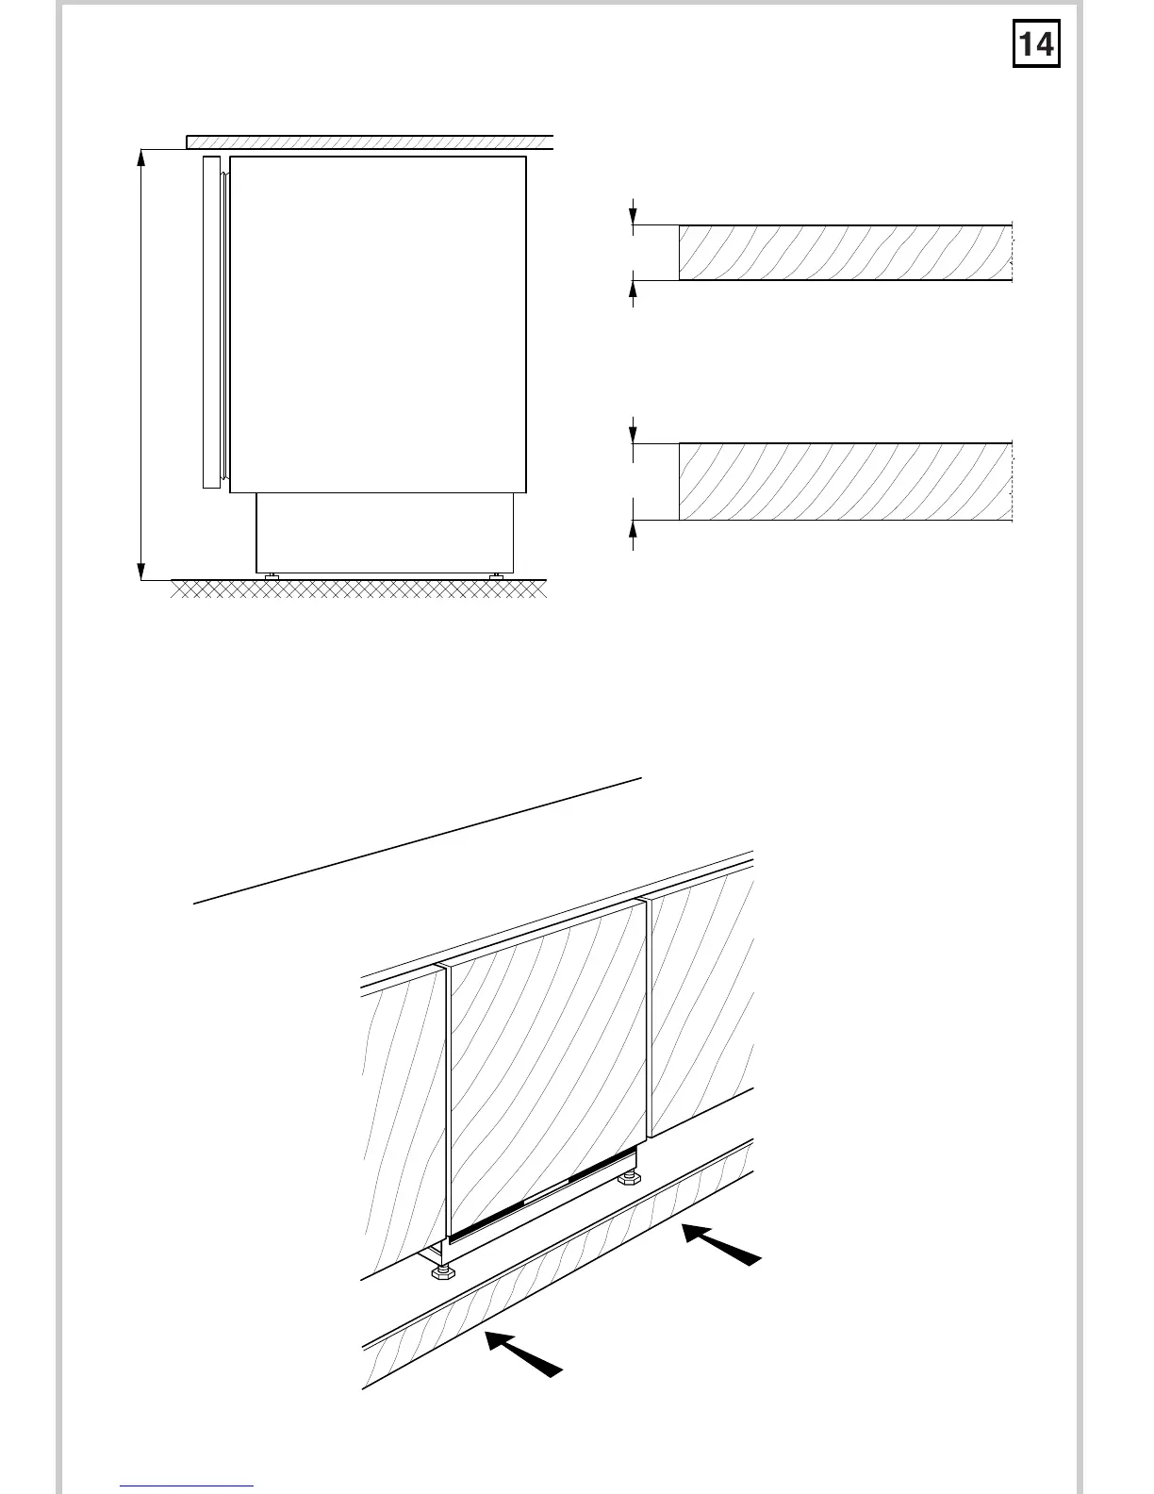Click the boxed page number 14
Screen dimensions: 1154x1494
(x=1036, y=44)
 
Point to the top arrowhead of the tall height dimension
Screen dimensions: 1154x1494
(x=140, y=157)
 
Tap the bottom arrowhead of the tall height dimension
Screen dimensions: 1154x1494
(x=140, y=571)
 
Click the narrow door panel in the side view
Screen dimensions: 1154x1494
(x=210, y=322)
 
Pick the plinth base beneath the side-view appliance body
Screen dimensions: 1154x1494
(x=385, y=533)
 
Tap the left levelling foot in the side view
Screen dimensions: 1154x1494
(x=272, y=575)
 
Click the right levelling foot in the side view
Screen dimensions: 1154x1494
(x=496, y=575)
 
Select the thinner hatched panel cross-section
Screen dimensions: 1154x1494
(x=845, y=253)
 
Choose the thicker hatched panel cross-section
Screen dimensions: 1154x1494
(x=845, y=481)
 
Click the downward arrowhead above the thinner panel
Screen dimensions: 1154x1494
(x=633, y=216)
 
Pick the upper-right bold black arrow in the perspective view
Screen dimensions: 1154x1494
(x=720, y=1243)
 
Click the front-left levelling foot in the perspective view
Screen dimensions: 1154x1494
(x=440, y=1273)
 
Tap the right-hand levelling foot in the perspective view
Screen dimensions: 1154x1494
(x=625, y=1178)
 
